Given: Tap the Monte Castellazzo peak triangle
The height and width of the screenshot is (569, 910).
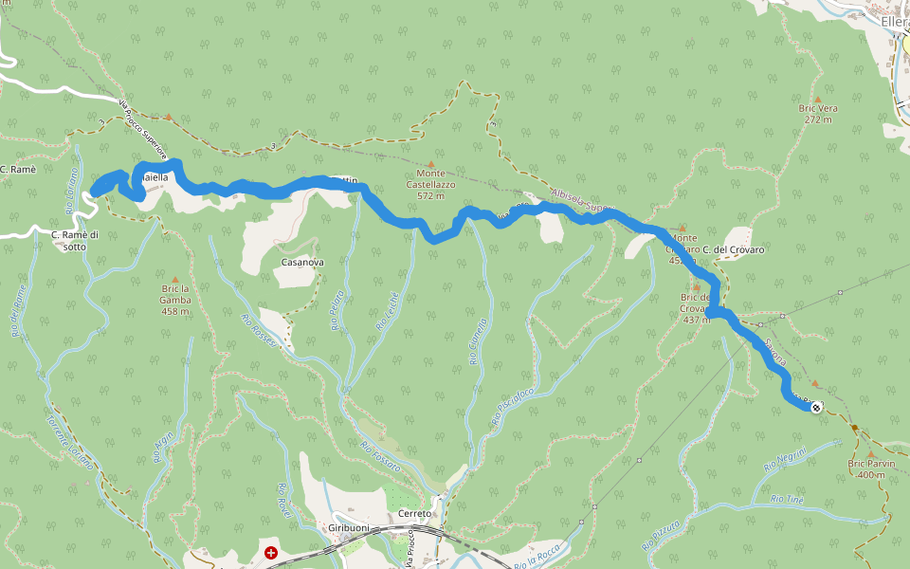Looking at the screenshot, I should [x=431, y=164].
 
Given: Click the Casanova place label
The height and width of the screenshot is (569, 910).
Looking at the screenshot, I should [x=302, y=262].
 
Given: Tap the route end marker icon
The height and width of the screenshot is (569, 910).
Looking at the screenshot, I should [x=816, y=408].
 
